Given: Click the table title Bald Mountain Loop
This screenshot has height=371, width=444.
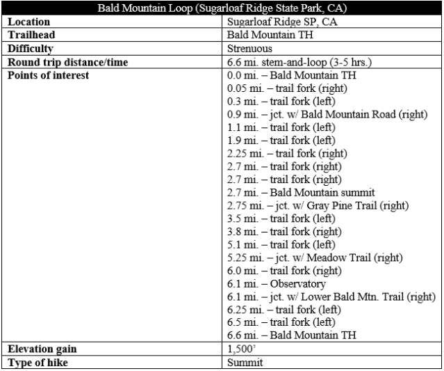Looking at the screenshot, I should [x=222, y=9].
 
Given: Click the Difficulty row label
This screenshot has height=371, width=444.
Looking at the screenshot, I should [x=31, y=48].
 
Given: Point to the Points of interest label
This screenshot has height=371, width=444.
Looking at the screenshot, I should [x=48, y=74].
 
